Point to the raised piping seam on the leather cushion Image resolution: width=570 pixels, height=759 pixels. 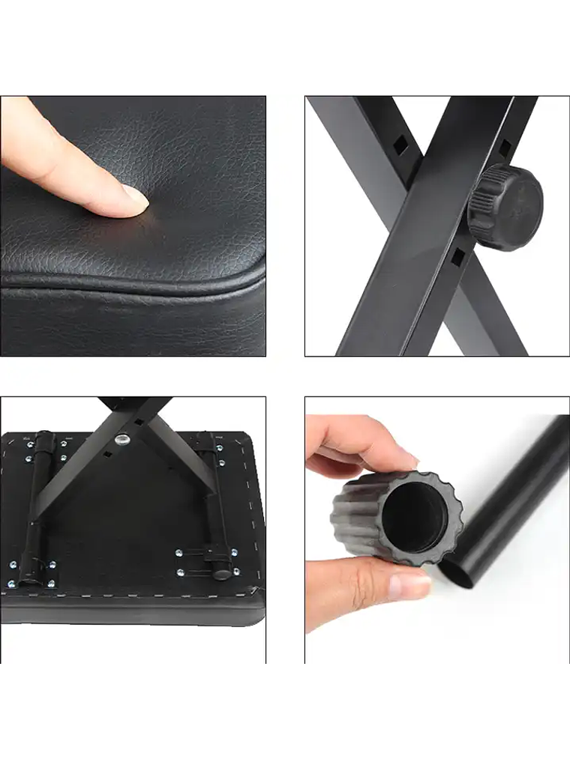(150, 282)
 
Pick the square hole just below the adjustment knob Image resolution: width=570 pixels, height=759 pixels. (457, 256)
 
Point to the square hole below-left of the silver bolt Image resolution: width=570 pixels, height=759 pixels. (108, 454)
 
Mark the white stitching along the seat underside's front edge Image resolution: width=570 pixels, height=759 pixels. (135, 595)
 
